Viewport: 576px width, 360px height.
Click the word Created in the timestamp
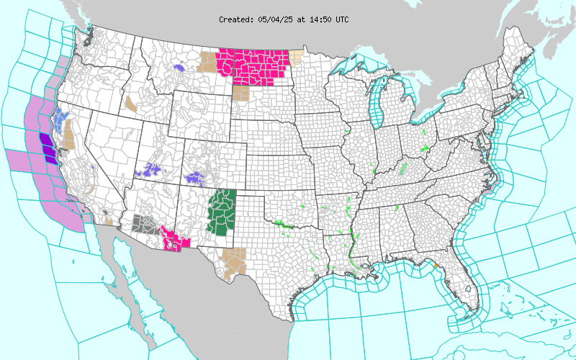pyautogui.click(x=237, y=19)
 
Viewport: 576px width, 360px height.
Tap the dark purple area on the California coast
pyautogui.click(x=47, y=146)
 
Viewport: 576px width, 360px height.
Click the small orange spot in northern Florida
pyautogui.click(x=436, y=268)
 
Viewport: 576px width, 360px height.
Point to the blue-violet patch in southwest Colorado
pyautogui.click(x=195, y=176)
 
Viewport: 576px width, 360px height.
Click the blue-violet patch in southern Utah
pyautogui.click(x=150, y=171)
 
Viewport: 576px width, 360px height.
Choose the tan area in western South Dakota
pyautogui.click(x=240, y=93)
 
